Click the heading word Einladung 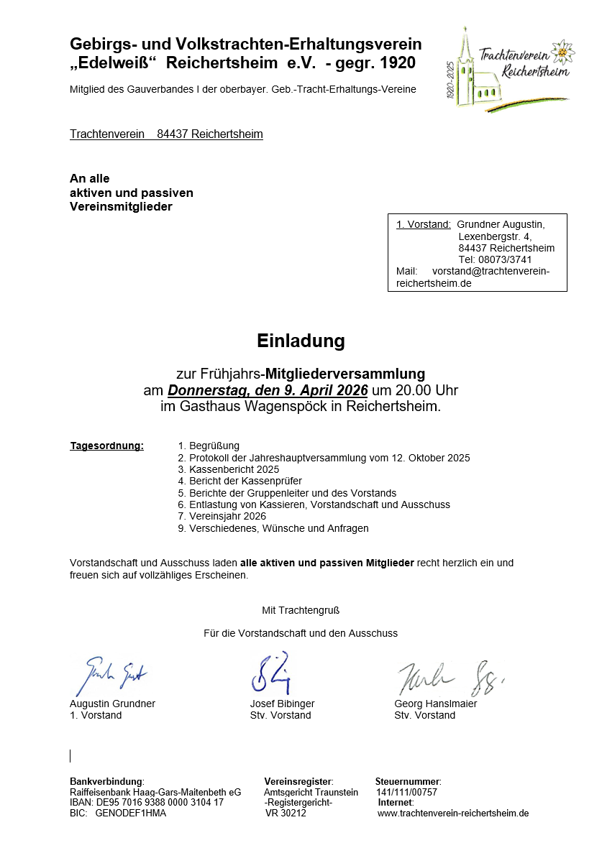click(301, 341)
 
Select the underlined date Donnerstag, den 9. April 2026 click(268, 390)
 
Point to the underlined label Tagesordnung click(106, 446)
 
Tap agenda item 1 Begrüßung click(209, 446)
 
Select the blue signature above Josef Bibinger click(270, 673)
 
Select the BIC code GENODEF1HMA click(130, 813)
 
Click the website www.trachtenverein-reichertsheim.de click(453, 813)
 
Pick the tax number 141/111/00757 click(406, 792)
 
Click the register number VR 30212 click(286, 813)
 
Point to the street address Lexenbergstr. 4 click(495, 236)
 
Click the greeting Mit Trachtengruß click(301, 610)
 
